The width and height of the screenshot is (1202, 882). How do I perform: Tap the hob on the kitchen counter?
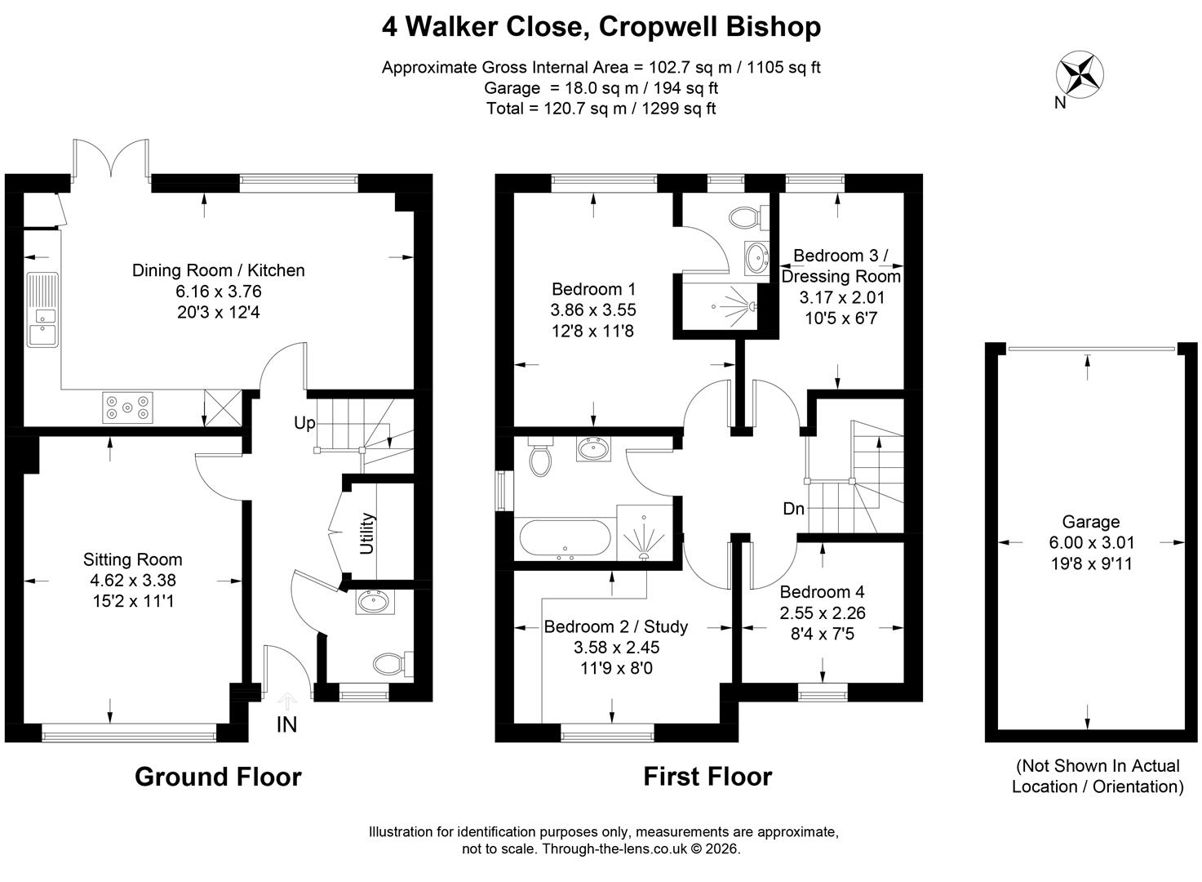click(x=127, y=408)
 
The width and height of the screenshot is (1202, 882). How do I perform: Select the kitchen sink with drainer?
click(x=42, y=310)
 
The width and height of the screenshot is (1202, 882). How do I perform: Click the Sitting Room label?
click(x=132, y=559)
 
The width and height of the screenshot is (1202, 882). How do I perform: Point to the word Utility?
click(x=366, y=532)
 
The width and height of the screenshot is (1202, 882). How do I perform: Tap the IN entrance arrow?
click(x=287, y=701)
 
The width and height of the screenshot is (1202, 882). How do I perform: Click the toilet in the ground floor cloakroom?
click(x=393, y=664)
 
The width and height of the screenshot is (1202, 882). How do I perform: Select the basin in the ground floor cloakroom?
click(x=375, y=602)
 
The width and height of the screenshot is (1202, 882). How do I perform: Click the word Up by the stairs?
click(x=305, y=424)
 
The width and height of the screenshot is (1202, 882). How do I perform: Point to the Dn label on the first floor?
click(x=794, y=508)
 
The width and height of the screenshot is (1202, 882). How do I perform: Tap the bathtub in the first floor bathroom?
click(x=565, y=538)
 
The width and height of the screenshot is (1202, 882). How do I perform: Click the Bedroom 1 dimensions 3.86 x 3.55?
click(x=593, y=310)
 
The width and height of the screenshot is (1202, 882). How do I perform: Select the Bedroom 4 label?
click(x=822, y=592)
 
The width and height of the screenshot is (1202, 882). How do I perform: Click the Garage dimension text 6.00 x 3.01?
click(x=1092, y=542)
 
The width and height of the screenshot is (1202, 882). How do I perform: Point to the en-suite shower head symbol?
click(x=752, y=306)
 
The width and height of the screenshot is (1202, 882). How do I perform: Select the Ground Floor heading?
click(x=218, y=777)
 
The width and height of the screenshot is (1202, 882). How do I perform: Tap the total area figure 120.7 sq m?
click(x=585, y=109)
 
